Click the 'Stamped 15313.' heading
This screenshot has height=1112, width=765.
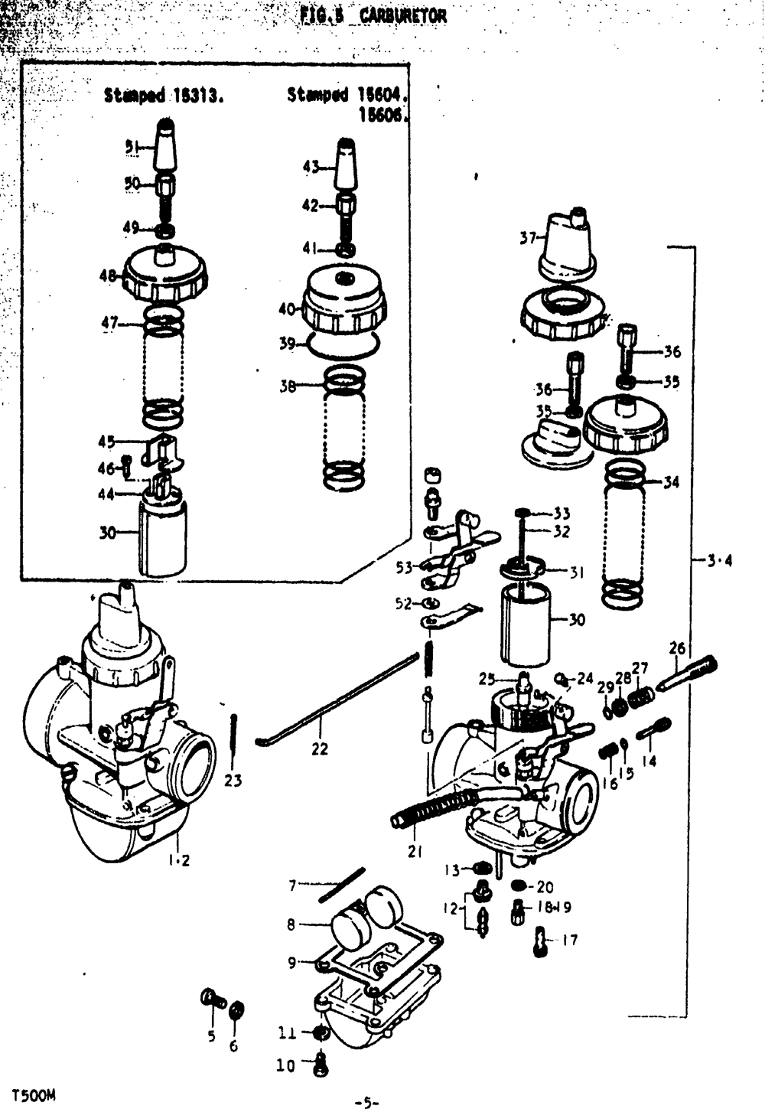(x=164, y=96)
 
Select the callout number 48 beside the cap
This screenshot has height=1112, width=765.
(x=108, y=276)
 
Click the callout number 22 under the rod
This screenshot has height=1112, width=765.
(x=319, y=748)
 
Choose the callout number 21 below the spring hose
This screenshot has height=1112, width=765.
(x=415, y=851)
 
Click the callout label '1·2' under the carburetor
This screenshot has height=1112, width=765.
(x=179, y=860)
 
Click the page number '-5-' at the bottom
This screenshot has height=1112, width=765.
(x=367, y=1102)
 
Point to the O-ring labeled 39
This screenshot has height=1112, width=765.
(x=342, y=346)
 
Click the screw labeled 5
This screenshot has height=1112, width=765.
(x=210, y=998)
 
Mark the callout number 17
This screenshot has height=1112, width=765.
(x=570, y=940)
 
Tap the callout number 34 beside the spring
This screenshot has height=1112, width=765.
(x=671, y=482)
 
